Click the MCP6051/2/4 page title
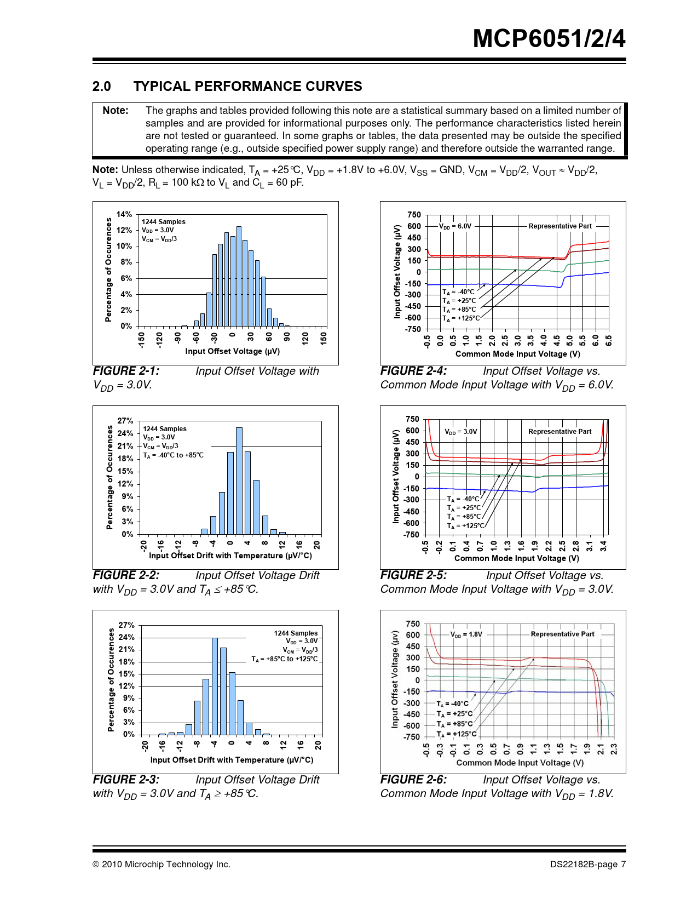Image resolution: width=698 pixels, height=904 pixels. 549,39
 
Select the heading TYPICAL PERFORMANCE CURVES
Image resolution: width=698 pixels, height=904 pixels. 247,87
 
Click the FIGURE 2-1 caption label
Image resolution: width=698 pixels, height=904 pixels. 126,371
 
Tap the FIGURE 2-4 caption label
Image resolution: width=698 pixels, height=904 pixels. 413,371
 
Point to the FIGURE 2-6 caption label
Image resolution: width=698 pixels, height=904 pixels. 413,780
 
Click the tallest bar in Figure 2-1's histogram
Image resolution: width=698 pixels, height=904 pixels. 239,276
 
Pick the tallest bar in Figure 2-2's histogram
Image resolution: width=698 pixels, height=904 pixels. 239,481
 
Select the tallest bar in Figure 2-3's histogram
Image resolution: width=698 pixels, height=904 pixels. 215,686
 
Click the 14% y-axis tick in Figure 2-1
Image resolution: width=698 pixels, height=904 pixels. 124,214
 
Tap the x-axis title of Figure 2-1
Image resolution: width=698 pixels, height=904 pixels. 232,351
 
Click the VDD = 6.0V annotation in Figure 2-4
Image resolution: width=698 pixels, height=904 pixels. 455,226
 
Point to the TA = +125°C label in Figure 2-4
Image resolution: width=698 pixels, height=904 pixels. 461,318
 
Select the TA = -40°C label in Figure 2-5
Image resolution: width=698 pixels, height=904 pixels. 463,499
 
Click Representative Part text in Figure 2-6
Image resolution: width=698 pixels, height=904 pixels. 562,634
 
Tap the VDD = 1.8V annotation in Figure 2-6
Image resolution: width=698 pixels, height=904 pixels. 466,634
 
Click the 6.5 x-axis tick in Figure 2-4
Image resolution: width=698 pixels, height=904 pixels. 609,340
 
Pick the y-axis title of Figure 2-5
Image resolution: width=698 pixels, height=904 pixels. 396,476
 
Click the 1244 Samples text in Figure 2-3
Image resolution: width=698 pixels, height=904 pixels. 296,633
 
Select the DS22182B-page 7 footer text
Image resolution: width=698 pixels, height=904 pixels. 588,865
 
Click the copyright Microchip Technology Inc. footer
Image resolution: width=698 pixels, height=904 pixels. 161,865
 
